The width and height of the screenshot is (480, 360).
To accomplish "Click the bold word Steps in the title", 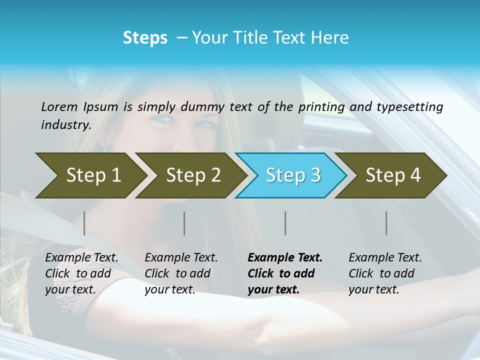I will [x=145, y=38].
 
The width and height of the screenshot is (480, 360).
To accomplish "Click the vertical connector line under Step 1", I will [x=84, y=223].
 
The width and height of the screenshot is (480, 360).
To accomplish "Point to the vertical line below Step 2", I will [x=184, y=223].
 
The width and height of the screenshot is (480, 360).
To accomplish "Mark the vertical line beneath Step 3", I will [x=285, y=223].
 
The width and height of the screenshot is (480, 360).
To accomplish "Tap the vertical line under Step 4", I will [x=386, y=223].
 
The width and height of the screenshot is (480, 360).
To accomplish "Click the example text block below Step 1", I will [x=81, y=273].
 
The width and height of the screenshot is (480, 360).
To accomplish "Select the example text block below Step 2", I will [x=181, y=273].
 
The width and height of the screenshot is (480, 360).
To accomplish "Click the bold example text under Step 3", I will [x=285, y=273].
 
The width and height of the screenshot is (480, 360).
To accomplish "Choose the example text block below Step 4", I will [x=385, y=273].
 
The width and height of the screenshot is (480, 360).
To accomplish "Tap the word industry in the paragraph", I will [x=65, y=125].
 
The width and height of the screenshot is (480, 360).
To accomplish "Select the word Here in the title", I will [x=332, y=38].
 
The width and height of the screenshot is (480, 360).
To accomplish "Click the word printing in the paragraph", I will [x=321, y=107].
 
